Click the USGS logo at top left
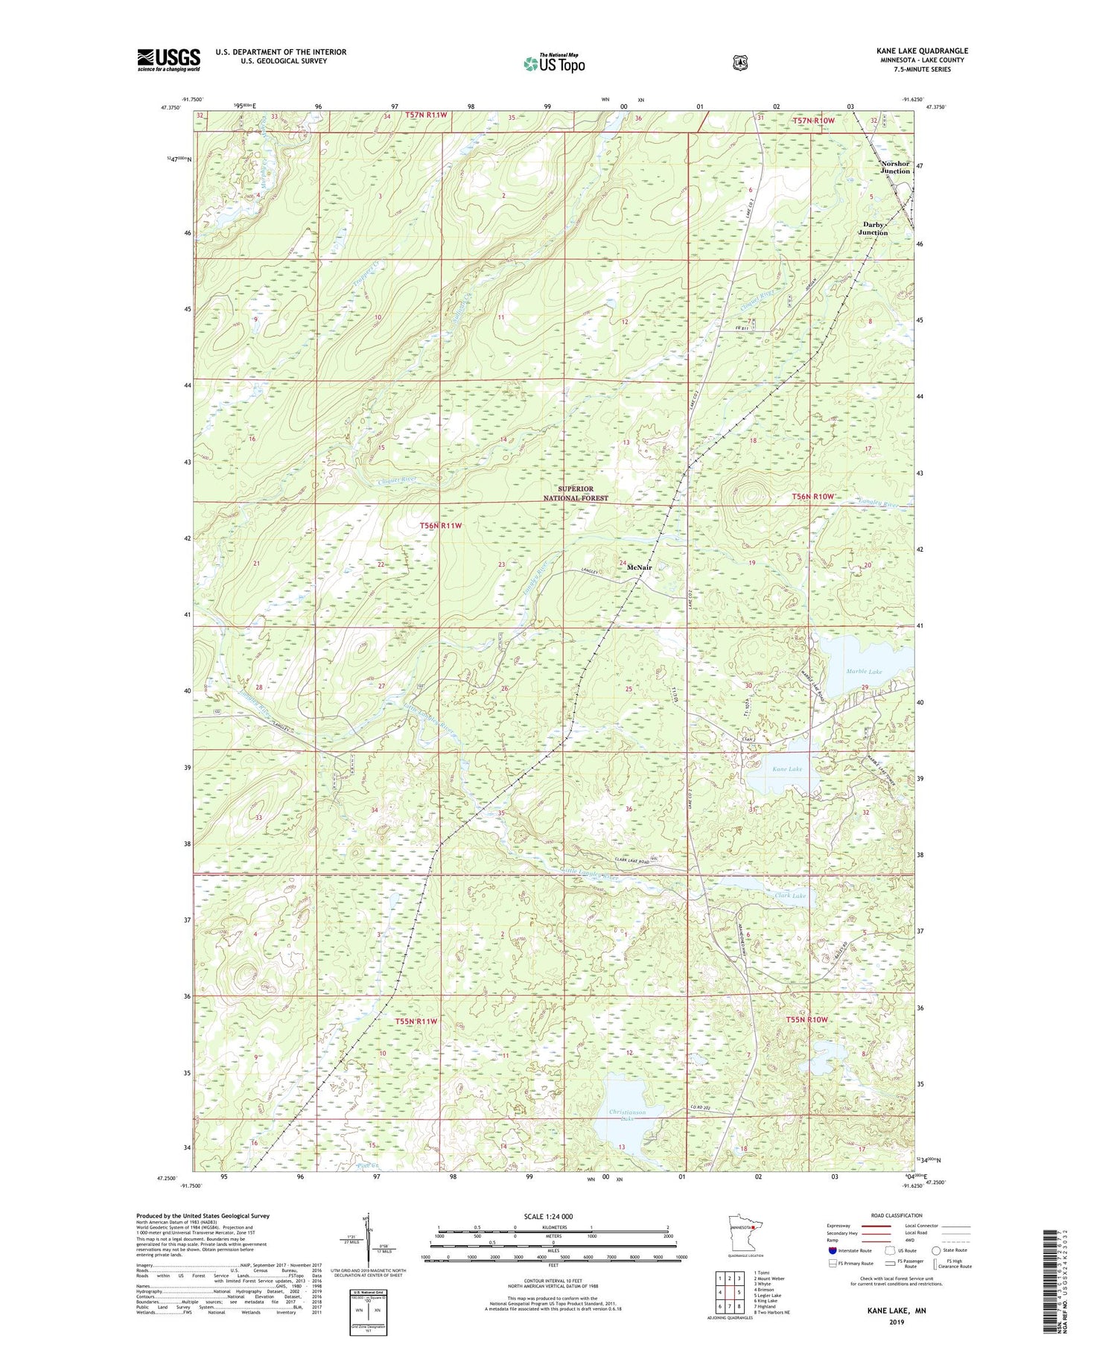[x=168, y=60]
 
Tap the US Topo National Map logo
[x=554, y=63]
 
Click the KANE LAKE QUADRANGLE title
[x=922, y=51]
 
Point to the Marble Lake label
[x=864, y=672]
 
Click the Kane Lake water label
[x=787, y=768]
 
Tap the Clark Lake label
[x=790, y=896]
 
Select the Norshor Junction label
[x=895, y=167]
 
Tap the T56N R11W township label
[x=440, y=526]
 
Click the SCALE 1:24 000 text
[x=548, y=1217]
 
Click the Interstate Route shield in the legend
[x=833, y=1250]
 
